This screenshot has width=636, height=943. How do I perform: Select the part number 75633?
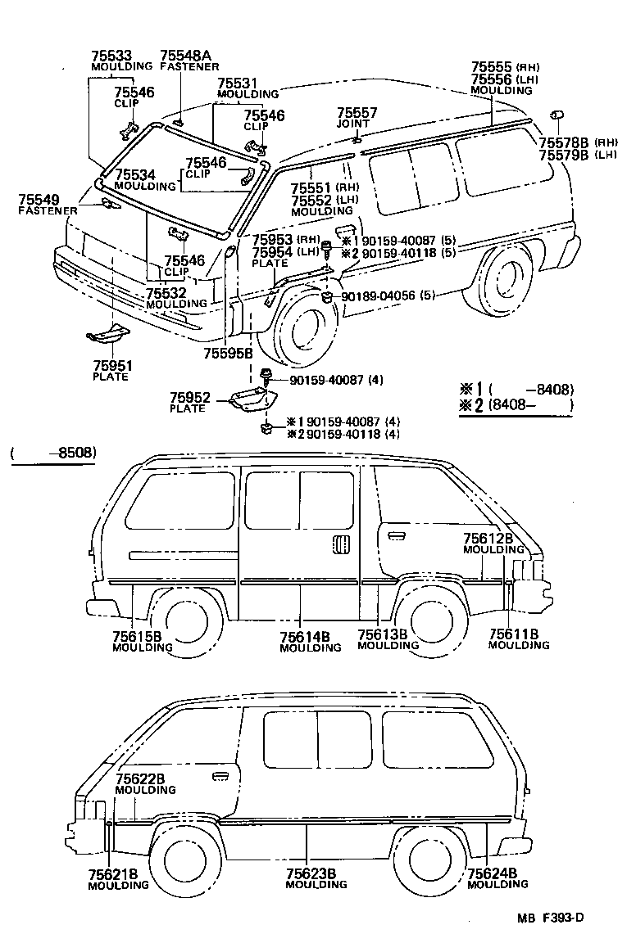[111, 56]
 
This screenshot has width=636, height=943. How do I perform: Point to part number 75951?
[111, 365]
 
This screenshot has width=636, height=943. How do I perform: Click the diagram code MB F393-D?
[550, 917]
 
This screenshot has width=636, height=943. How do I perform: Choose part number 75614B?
[305, 636]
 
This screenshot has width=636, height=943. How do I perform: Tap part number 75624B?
[492, 873]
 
